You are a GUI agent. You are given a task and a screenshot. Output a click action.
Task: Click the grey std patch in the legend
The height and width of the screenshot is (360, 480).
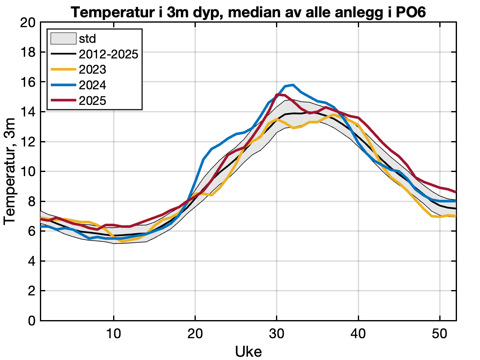(x=63, y=39)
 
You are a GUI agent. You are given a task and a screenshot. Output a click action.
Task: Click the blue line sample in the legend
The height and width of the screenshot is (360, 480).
(x=63, y=85)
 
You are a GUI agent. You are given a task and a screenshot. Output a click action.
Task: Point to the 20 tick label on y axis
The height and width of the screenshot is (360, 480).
(x=28, y=23)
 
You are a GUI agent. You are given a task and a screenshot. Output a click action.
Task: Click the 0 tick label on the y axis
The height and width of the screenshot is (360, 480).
(x=32, y=321)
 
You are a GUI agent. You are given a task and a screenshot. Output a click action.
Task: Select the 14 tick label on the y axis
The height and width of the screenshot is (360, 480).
(x=28, y=112)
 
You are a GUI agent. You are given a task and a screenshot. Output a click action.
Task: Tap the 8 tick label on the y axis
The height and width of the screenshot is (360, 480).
(x=32, y=202)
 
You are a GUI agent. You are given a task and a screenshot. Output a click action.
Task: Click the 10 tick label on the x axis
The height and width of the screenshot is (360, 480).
(x=114, y=333)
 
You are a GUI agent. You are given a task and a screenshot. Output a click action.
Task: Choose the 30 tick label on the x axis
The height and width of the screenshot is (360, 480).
(x=276, y=333)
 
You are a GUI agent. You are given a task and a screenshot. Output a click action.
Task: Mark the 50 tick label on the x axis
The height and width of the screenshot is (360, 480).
(x=440, y=333)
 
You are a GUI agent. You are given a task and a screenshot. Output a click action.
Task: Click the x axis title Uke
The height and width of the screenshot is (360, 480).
(x=248, y=351)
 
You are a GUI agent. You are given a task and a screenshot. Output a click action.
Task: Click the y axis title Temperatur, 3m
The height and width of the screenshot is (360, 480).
(x=10, y=172)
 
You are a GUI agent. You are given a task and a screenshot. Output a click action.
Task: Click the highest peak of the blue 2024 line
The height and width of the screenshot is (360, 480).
(x=292, y=85)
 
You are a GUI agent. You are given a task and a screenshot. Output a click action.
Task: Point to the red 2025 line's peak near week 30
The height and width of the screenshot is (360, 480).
(x=277, y=94)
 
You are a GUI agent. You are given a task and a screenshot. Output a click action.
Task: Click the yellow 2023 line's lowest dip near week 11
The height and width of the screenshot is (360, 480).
(x=122, y=242)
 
